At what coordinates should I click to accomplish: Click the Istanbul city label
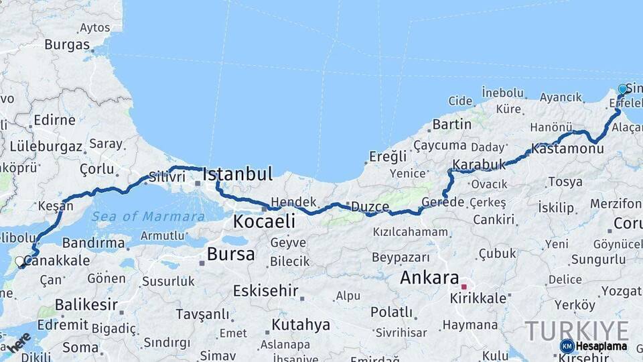tap(237, 175)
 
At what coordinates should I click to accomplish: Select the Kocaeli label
tap(264, 221)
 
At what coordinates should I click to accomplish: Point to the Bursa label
tap(230, 254)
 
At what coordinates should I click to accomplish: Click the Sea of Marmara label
tap(148, 217)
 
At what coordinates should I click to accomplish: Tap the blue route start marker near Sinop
tap(622, 89)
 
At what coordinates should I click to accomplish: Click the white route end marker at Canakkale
tap(19, 261)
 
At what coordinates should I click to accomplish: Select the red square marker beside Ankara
tap(463, 287)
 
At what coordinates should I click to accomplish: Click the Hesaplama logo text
tap(601, 347)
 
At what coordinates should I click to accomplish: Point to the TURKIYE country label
tap(577, 331)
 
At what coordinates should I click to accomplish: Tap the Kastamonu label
tap(567, 148)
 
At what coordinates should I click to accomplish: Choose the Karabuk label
tap(479, 164)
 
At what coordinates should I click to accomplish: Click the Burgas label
tap(67, 45)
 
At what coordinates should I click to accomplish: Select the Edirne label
tap(54, 121)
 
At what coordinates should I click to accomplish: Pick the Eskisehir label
tap(264, 290)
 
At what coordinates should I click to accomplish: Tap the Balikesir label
tap(81, 305)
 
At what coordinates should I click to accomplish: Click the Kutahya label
tap(301, 325)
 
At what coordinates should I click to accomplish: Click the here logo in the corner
tap(19, 343)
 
